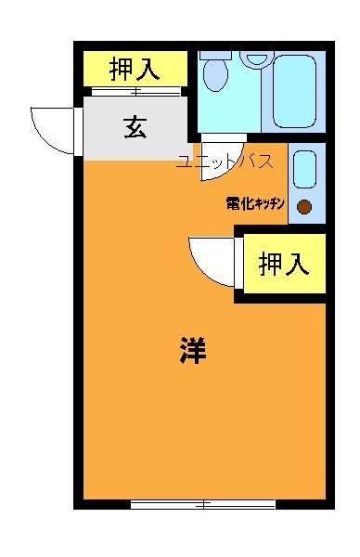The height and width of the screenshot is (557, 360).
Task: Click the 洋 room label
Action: (193, 351)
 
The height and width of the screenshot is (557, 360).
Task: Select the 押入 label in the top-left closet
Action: (135, 68)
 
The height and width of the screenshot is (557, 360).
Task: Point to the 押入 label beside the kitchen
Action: (283, 265)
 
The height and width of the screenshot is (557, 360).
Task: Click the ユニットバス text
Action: (225, 162)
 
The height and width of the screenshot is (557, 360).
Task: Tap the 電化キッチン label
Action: (254, 201)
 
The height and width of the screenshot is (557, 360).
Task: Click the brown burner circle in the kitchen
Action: (303, 207)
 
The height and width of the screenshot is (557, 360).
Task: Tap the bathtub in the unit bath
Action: (295, 91)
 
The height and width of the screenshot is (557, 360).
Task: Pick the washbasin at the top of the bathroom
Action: (255, 58)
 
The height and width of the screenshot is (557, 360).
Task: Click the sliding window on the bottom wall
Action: (203, 504)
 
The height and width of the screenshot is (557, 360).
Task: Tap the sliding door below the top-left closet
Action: (135, 91)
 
